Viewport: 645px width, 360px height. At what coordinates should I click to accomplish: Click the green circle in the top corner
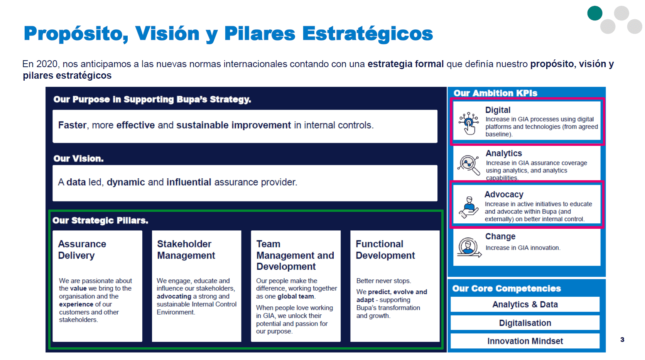(594, 13)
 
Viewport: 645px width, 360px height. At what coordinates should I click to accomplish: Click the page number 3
(622, 340)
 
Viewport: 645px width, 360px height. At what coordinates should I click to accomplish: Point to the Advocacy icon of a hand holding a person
(469, 207)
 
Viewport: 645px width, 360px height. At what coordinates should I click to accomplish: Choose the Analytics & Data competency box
(525, 304)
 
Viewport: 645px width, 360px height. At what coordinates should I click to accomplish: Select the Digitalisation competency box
(525, 323)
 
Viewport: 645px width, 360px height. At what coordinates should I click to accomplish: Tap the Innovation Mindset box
(525, 341)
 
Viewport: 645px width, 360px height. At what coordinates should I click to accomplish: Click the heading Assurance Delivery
(82, 250)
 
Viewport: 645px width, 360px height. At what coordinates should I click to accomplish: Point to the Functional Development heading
(385, 250)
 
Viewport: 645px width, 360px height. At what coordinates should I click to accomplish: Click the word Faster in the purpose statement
(72, 125)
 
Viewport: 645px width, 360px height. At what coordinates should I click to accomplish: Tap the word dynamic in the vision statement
(126, 182)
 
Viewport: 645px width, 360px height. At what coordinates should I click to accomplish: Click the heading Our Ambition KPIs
(495, 93)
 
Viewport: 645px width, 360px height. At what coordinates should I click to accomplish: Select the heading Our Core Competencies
(507, 289)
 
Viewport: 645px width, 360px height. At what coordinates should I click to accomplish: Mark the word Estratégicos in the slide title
(367, 34)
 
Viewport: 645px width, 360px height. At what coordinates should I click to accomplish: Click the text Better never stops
(383, 281)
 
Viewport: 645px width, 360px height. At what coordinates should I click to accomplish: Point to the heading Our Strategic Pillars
(100, 220)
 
